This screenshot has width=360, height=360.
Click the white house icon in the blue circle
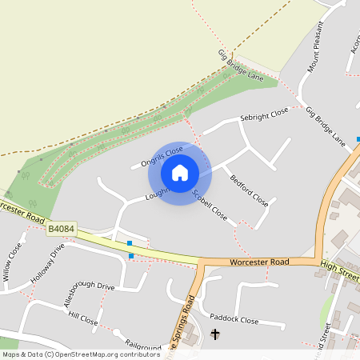180,173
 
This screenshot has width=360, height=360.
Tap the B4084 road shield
62,229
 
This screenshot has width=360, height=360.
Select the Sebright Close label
264,116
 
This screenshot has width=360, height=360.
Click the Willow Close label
13,262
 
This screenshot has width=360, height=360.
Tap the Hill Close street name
83,320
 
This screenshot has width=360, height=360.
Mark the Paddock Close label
233,319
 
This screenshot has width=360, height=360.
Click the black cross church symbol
214,333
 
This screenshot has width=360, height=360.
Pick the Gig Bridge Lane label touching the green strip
241,66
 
